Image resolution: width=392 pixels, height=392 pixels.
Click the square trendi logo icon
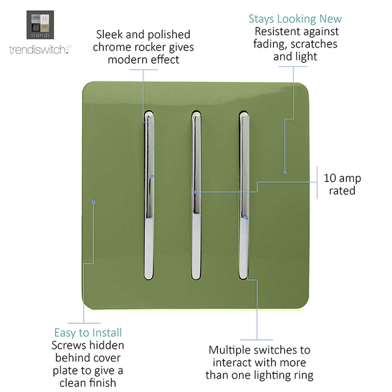[40, 25]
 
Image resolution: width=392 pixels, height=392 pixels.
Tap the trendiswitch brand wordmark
[40, 49]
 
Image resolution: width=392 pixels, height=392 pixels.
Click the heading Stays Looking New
[295, 19]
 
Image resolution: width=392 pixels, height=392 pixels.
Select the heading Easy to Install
[88, 333]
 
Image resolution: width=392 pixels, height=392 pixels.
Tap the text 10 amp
[342, 178]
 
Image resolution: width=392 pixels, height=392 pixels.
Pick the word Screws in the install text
[69, 345]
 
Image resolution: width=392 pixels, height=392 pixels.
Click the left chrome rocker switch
[149, 195]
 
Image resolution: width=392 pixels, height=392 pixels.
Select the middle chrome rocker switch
[196, 195]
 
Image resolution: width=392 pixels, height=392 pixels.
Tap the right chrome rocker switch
[244, 195]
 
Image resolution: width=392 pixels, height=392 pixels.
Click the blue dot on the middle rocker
[196, 192]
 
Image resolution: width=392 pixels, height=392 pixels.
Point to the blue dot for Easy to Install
[94, 202]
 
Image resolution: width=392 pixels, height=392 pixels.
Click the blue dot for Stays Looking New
[285, 172]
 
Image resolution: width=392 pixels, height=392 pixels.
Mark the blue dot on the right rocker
[247, 219]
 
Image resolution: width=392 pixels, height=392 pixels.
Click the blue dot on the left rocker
[152, 176]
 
